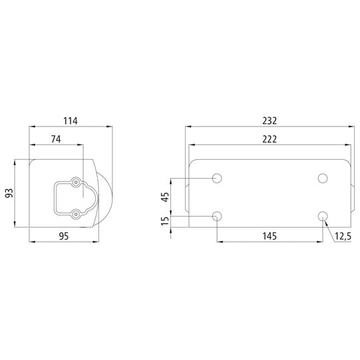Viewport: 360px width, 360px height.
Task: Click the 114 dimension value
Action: (71, 121)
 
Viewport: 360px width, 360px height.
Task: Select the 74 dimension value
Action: (55, 139)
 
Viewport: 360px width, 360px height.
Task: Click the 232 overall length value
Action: (269, 121)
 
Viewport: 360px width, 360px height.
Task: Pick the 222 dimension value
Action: (269, 139)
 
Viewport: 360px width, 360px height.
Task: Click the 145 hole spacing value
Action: (269, 236)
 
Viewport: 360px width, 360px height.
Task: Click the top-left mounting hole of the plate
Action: (217, 178)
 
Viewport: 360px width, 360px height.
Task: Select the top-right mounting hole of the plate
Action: (323, 178)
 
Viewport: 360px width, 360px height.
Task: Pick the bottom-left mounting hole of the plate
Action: (217, 216)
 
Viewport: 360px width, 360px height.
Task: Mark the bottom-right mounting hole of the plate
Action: (323, 216)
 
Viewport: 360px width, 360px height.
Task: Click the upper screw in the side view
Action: (77, 182)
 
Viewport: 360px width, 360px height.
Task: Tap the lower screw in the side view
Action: (77, 214)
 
